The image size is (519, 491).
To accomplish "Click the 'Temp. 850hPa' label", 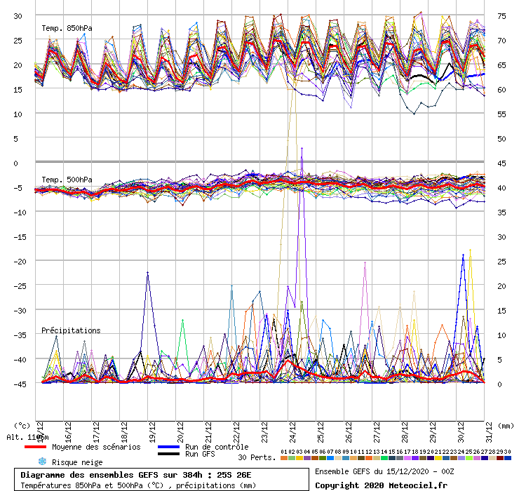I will [67, 29].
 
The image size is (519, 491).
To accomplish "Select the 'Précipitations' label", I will [70, 330].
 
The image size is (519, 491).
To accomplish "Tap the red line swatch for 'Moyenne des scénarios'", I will [35, 447].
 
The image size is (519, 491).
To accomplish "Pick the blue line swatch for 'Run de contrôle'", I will [168, 447].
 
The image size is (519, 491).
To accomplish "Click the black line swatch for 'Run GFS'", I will [168, 455].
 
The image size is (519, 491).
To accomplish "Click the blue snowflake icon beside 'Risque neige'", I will [41, 462].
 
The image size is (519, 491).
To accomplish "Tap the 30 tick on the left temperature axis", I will [18, 15].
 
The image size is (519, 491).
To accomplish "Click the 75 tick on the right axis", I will [502, 15].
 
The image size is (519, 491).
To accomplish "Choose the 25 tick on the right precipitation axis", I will [502, 261].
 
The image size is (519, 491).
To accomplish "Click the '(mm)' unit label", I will [504, 425].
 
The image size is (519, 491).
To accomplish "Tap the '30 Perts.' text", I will [256, 457].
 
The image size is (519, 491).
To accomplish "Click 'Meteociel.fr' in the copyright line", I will [412, 485].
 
